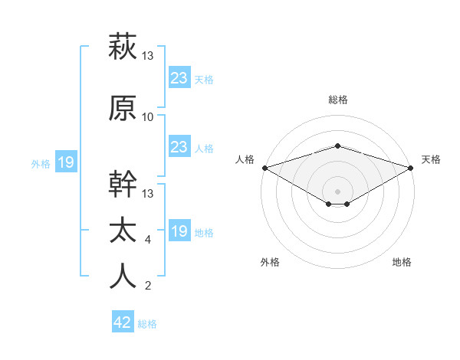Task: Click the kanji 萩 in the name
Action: coord(123,46)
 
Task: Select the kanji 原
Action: coord(123,108)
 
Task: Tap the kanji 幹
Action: coord(123,185)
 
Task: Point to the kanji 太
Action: coord(123,231)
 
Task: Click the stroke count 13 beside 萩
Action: coord(148,55)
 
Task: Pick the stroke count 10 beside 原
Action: coord(148,117)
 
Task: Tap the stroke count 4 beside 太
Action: coord(148,240)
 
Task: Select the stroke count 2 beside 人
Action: coord(148,286)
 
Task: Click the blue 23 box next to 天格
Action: coord(179,77)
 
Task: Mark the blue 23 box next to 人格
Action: coord(179,147)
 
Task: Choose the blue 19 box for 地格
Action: coord(179,231)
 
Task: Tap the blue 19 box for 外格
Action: coord(65,162)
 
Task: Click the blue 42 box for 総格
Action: coord(123,322)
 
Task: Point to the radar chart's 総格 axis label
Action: coord(337,100)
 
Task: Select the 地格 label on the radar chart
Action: coord(402,263)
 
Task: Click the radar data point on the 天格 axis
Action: coord(411,168)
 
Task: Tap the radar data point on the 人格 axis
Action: coord(264,167)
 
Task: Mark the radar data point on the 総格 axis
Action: coord(337,146)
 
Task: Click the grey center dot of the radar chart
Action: coord(337,191)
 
